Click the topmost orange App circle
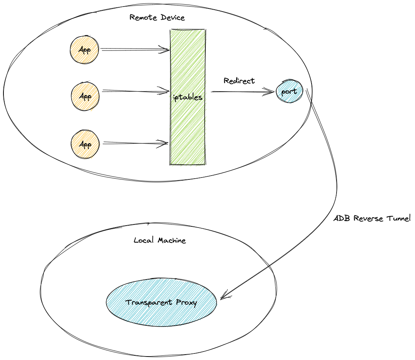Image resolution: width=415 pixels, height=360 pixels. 84,50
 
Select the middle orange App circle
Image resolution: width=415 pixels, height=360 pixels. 85,96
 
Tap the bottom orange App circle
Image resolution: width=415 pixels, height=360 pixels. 85,144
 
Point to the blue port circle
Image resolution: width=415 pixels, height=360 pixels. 289,92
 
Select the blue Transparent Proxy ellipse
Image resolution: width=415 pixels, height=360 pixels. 161,303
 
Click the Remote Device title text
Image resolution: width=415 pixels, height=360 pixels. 157,18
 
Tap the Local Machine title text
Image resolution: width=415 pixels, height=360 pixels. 160,241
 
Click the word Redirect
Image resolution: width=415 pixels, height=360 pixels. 239,81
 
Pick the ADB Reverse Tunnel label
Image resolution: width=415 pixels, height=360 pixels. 372,218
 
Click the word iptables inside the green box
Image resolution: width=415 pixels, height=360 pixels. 188,97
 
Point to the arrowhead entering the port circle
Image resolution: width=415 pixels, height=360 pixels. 272,92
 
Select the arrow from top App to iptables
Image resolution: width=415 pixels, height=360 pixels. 135,50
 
